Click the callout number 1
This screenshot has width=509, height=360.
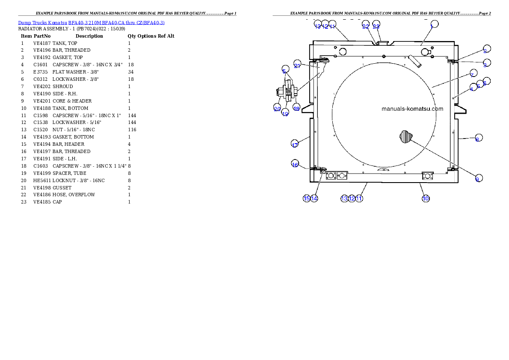click(434, 24)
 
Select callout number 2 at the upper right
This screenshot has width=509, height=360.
click(486, 49)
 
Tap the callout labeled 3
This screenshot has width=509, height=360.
click(486, 63)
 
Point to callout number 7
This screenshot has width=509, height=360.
click(473, 73)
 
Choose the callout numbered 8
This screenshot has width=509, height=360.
click(479, 138)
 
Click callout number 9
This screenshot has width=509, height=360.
click(479, 178)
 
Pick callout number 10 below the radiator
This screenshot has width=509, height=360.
click(426, 198)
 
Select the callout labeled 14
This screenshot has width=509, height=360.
click(314, 198)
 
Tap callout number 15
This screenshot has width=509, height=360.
click(306, 198)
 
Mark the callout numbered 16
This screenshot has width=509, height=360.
click(295, 164)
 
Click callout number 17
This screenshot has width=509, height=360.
click(294, 143)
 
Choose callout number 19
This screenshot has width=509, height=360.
click(285, 113)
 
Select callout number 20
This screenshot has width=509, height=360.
click(277, 108)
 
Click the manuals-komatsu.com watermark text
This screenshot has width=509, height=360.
click(412, 109)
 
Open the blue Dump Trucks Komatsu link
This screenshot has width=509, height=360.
click(91, 23)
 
